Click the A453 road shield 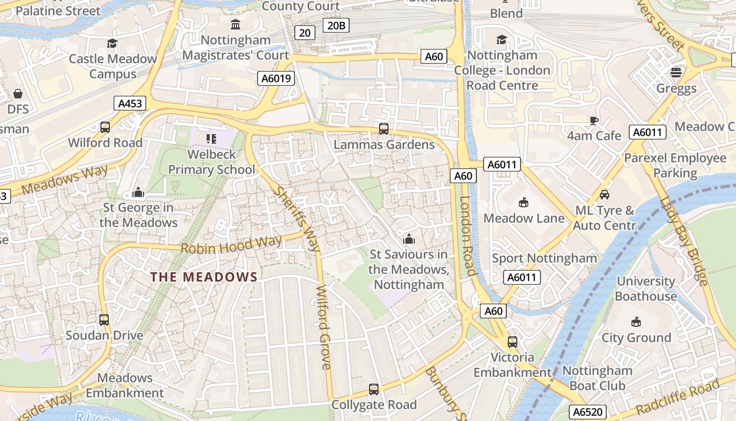130,103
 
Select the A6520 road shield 588,412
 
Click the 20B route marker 336,25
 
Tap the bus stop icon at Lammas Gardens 384,128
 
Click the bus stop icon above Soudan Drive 104,319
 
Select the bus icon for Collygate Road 373,389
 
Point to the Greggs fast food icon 676,72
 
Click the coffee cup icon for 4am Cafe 594,121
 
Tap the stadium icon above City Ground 636,322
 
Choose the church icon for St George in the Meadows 138,192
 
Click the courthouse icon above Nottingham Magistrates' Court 236,24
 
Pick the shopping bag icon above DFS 18,94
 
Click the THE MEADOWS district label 204,277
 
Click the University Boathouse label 646,288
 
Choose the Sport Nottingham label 544,258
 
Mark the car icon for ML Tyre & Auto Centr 605,195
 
